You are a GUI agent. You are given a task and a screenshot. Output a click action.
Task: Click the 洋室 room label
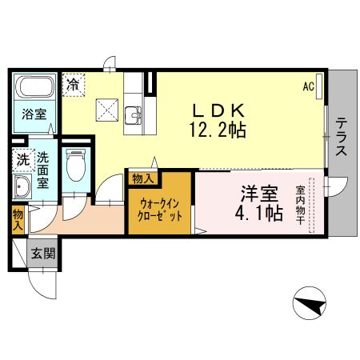(259, 193)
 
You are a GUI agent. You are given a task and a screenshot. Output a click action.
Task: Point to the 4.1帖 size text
(259, 213)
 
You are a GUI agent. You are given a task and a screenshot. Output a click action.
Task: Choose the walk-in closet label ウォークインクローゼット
(159, 210)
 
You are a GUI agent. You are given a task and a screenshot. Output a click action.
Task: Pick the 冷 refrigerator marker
(74, 82)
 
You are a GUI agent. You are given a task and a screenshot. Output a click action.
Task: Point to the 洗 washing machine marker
(22, 159)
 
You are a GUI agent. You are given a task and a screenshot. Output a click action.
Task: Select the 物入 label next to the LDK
(143, 178)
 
